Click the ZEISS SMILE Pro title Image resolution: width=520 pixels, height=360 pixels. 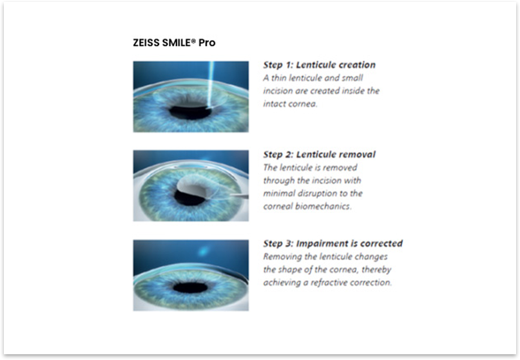pos(174,43)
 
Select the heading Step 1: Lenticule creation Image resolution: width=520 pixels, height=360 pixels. pos(320,64)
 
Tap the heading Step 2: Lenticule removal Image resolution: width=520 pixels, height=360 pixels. pos(320,155)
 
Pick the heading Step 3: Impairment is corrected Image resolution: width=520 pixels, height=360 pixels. pos(333,243)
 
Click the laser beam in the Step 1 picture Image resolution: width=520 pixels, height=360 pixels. pos(211,84)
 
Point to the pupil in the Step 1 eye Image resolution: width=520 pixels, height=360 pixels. pos(190,112)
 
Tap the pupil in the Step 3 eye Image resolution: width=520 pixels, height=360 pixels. pos(190,287)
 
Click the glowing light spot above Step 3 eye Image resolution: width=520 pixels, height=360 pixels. pos(203,251)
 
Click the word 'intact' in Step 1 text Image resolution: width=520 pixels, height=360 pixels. pos(274,104)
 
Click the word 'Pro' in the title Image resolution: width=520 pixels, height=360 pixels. pos(207,43)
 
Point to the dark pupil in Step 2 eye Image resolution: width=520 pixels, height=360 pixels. pos(188,198)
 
